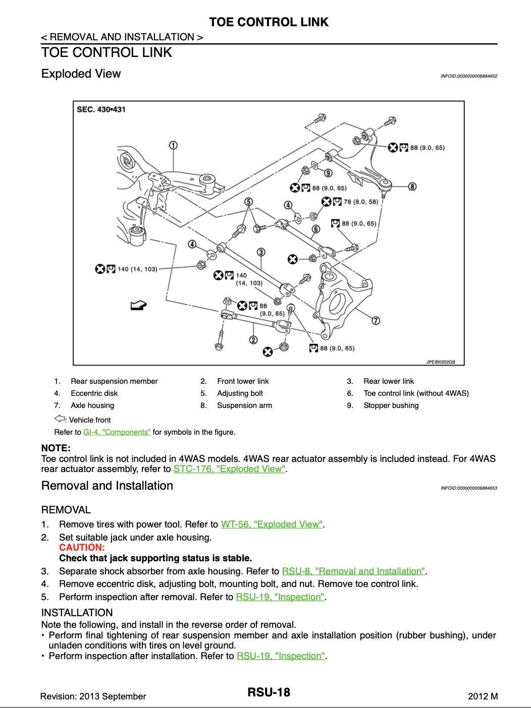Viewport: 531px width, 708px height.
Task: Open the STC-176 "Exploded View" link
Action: point(230,469)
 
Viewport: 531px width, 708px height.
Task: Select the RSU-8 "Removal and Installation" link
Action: point(354,571)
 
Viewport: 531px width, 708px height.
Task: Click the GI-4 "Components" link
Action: point(117,432)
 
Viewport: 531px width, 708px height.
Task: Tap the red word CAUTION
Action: point(82,548)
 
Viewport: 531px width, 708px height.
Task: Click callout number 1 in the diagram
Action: point(173,145)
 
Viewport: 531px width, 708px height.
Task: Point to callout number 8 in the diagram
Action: point(412,187)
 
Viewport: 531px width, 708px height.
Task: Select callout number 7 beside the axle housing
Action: point(376,320)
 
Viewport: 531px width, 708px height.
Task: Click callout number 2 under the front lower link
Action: point(253,340)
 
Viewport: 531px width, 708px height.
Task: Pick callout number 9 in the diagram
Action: point(328,173)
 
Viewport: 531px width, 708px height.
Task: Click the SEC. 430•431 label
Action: point(101,109)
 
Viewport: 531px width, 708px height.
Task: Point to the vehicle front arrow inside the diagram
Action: point(138,305)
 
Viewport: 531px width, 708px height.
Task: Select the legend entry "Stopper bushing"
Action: point(391,405)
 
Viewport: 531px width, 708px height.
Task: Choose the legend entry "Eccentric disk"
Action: point(94,393)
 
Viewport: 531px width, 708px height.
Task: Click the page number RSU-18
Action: point(269,692)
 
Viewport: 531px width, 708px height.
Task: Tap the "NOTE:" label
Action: point(56,448)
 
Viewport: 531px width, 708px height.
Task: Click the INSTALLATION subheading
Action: point(77,613)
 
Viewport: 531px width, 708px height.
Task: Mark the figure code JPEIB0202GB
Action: point(440,362)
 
